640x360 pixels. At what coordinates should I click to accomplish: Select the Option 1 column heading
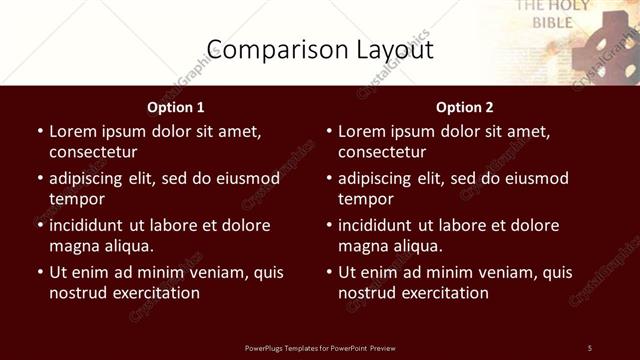176,107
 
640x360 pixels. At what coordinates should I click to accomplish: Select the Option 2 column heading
465,107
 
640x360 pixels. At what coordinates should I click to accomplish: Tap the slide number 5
590,347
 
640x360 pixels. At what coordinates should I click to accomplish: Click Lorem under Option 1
73,131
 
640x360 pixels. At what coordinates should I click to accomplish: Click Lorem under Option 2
362,131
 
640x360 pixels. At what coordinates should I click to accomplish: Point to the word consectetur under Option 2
382,152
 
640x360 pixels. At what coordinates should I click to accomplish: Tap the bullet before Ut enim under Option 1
39,272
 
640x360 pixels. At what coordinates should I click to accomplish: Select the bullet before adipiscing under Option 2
328,178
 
